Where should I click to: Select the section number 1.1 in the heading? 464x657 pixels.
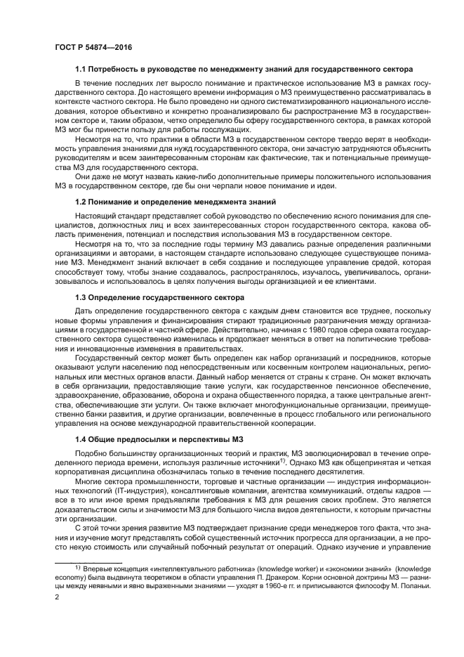pyautogui.click(x=81, y=69)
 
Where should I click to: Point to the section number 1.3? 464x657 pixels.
pyautogui.click(x=81, y=298)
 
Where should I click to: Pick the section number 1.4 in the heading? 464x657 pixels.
pyautogui.click(x=81, y=440)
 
